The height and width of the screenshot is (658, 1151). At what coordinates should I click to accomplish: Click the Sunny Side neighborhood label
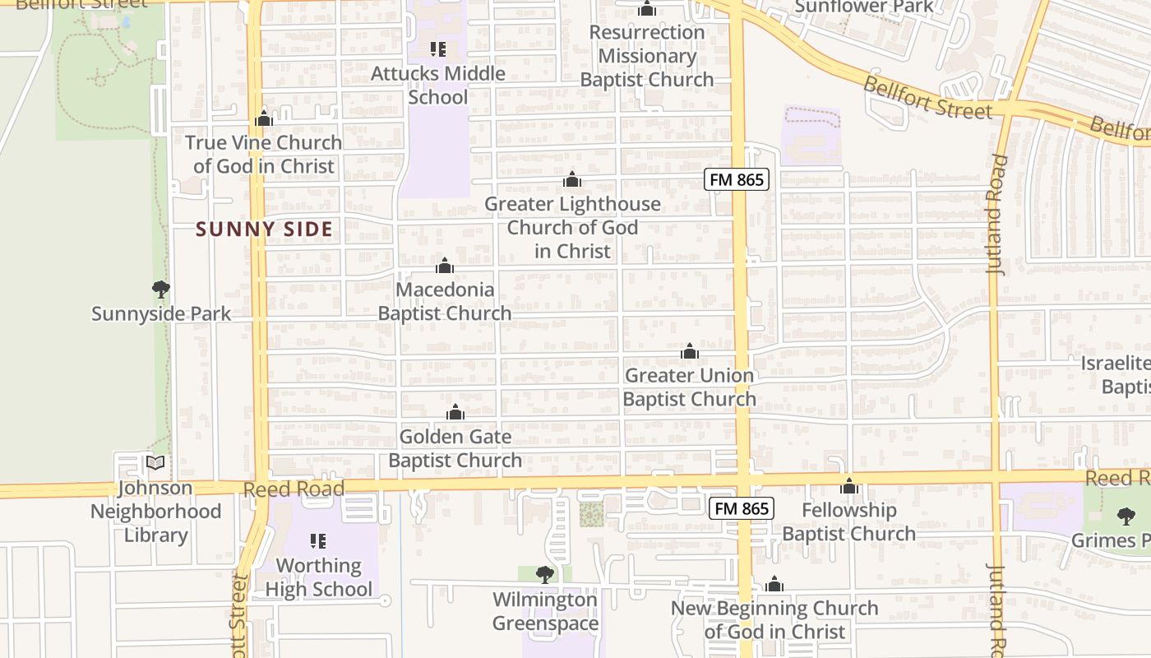[x=264, y=229]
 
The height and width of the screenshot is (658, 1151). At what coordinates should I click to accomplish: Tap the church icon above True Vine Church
[x=264, y=119]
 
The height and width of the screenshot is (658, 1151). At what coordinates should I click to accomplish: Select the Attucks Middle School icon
[x=437, y=49]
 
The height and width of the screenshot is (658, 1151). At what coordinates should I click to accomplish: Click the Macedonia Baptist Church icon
[x=445, y=266]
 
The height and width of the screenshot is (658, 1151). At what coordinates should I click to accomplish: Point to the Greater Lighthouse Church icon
[x=572, y=180]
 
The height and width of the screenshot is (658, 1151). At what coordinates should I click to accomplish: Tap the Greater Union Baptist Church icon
[x=690, y=352]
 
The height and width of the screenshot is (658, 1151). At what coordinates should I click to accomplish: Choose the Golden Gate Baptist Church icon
[x=455, y=413]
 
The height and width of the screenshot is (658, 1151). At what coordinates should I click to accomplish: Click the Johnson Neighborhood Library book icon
[x=155, y=463]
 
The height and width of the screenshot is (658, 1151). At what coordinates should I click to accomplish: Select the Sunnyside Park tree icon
[x=161, y=290]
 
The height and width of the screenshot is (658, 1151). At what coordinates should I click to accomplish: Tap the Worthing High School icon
[x=318, y=541]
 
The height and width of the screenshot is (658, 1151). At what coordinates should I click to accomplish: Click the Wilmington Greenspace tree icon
[x=545, y=575]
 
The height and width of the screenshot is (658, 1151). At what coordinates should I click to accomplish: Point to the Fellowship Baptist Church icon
[x=849, y=486]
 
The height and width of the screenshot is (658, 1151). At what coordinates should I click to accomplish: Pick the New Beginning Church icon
[x=774, y=585]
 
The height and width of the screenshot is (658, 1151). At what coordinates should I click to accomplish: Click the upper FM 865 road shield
[x=736, y=180]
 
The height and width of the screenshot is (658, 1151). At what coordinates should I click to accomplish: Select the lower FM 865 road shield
[x=742, y=509]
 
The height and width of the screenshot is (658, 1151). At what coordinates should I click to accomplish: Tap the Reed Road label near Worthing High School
[x=294, y=489]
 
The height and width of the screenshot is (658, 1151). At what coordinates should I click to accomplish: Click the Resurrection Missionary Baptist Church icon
[x=647, y=9]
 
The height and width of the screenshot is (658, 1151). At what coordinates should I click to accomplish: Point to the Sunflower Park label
[x=863, y=7]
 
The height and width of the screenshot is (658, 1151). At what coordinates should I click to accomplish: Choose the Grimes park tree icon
[x=1126, y=517]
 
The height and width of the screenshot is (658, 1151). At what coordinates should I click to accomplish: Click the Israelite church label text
[x=1115, y=364]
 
